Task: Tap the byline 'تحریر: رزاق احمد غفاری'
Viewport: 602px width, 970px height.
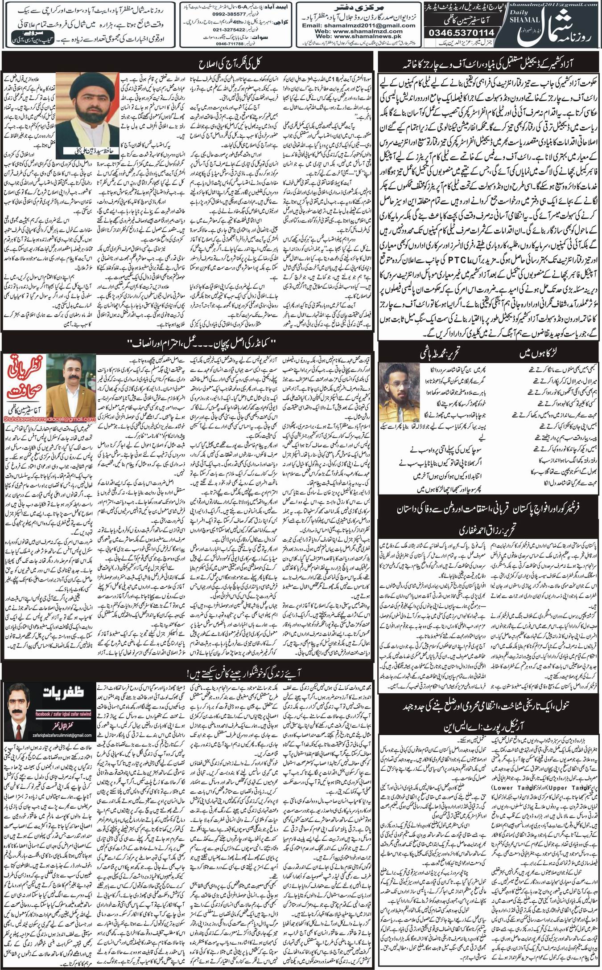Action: pos(488,530)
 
